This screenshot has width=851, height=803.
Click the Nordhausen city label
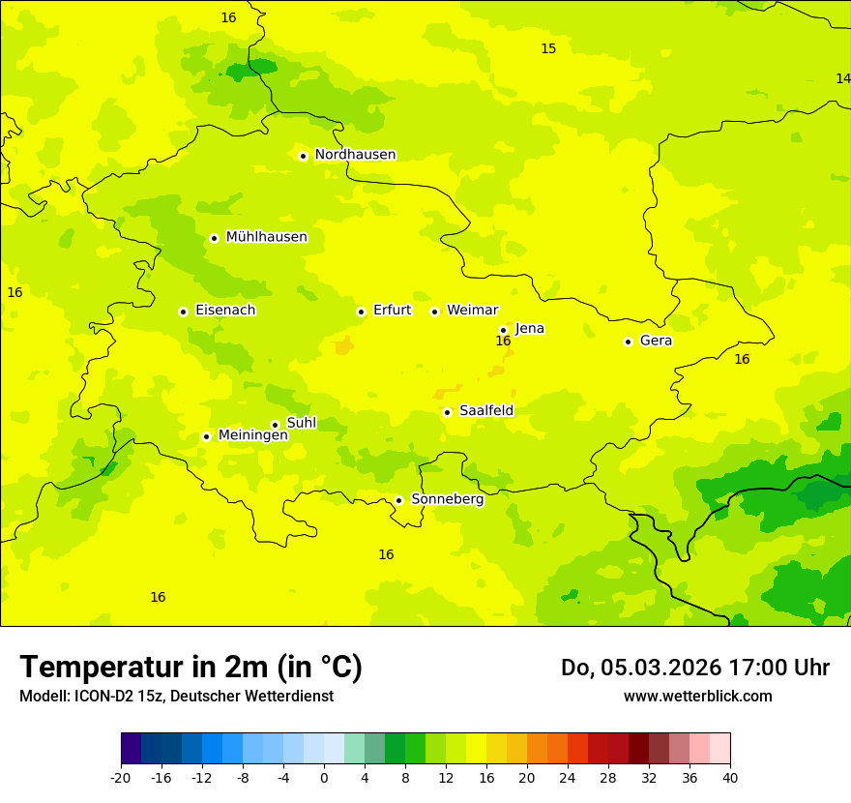[355, 155]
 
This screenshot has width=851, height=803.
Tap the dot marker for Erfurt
[361, 312]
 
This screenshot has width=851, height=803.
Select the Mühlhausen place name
[266, 237]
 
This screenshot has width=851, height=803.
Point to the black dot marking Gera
[628, 342]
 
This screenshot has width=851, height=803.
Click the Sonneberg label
[447, 499]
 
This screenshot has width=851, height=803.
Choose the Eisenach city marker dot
[183, 312]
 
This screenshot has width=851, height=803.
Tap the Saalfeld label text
[486, 411]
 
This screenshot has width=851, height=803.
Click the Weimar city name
[472, 311]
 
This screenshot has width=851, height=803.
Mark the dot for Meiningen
[206, 436]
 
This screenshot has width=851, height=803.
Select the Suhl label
[302, 423]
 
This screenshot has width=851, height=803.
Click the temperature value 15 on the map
[548, 48]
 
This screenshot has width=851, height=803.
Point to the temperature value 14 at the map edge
[842, 78]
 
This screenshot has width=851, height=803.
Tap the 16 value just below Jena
[503, 341]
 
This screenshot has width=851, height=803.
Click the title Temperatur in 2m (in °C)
[191, 667]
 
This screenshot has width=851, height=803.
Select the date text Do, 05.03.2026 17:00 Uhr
[694, 668]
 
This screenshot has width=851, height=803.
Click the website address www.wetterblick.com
[697, 696]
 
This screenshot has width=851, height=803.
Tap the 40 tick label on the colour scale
[730, 777]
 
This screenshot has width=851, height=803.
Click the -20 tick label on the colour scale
[121, 777]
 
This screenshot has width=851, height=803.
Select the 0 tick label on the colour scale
[324, 777]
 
